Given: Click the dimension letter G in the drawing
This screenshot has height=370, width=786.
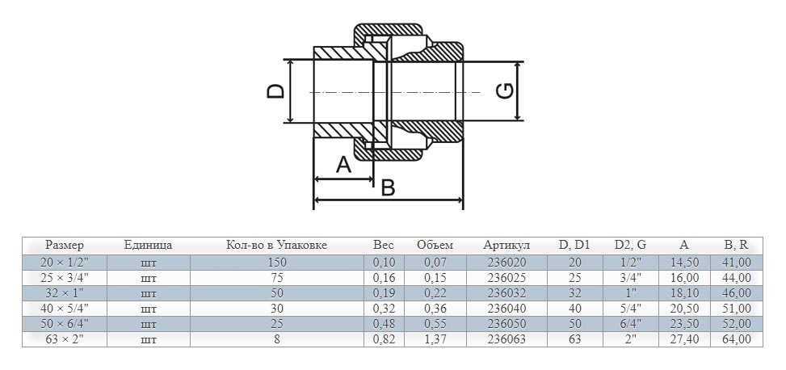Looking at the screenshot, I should pos(503,91).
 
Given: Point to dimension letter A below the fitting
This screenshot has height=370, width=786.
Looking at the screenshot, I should pos(343,165).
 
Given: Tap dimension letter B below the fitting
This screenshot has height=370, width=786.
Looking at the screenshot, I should pos(388,187).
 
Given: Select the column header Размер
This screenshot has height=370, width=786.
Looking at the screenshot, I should pos(65,246).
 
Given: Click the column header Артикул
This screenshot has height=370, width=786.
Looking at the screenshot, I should pos(506,246).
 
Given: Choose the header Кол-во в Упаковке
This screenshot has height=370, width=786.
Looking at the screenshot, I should pos(276,246).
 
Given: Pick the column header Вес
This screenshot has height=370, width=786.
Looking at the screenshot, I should pos(384,246).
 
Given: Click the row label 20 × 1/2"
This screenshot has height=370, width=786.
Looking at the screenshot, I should pos(65,263).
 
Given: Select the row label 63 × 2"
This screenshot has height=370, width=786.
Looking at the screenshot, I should pos(65,340).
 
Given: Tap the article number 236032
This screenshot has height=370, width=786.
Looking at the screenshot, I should pos(506,293).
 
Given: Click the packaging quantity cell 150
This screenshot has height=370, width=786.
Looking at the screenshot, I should pos(276,263).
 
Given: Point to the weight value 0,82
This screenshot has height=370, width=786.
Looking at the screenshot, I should pos(384,340).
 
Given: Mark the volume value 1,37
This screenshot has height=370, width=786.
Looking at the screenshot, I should pos(435,340).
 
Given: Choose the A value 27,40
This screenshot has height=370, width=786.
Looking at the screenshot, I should pos(684,340).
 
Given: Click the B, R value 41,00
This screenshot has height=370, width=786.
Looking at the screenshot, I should pos(737,263).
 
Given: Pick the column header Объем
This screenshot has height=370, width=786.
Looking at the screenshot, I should pos(435,246).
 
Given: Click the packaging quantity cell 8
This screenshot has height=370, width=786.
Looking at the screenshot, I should pos(276,340).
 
